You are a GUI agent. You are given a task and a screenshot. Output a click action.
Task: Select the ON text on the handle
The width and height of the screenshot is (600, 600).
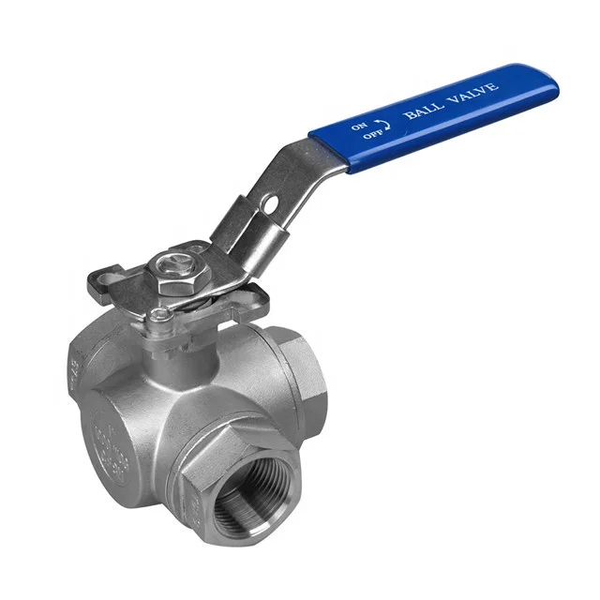(x=359, y=124)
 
